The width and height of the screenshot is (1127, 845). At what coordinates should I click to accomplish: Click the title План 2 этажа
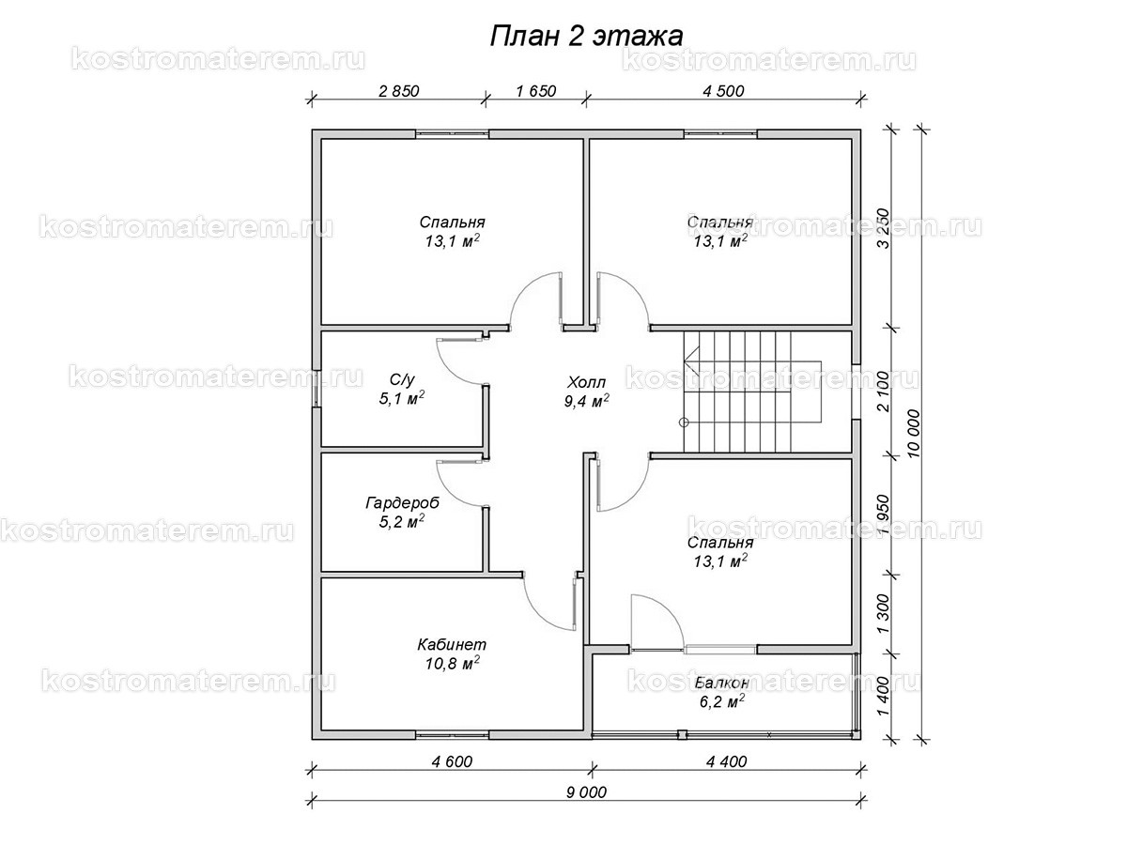coord(586,37)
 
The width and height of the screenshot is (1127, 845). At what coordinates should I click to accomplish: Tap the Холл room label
coord(586,382)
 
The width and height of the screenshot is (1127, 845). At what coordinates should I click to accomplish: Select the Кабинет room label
coord(452,644)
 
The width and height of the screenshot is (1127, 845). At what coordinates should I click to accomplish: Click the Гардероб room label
coord(403,503)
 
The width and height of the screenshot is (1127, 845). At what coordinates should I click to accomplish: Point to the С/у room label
coord(402,379)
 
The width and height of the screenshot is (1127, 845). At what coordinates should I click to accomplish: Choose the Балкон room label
coord(722,683)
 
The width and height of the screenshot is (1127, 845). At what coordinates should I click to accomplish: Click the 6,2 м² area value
coord(722,700)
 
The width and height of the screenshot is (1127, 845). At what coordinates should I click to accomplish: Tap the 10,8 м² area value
coord(453,664)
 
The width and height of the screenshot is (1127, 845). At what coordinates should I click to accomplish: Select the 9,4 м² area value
coord(586,401)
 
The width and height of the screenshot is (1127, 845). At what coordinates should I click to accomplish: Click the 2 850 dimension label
coord(399,91)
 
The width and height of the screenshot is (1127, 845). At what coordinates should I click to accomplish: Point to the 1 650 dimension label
coord(536,91)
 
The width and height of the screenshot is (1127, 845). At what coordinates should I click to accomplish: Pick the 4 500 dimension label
coord(723,91)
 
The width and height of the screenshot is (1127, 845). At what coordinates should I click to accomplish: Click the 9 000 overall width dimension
coord(586,792)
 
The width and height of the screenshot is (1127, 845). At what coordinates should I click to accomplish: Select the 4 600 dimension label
coord(452,761)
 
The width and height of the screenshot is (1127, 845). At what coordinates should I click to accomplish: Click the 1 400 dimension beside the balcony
coord(883,697)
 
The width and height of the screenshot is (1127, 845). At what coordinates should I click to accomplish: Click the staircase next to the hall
coord(752,392)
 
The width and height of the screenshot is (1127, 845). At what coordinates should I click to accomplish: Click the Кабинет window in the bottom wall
coord(452,735)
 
